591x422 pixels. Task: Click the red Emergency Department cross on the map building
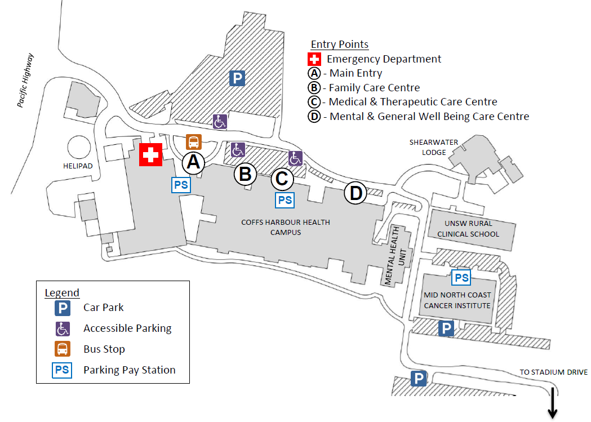150,154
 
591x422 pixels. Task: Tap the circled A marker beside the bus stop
193,162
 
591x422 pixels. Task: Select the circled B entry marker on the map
245,174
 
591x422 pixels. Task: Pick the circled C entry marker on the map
282,179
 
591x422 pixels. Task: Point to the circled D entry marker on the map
356,193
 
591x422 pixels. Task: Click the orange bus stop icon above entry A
193,142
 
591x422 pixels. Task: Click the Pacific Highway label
25,80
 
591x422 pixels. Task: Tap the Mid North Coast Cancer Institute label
457,300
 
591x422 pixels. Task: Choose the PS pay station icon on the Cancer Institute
461,278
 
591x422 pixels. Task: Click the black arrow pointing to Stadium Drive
552,402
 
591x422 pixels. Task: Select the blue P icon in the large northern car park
237,78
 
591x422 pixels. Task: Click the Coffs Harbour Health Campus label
286,226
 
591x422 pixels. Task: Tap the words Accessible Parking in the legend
127,328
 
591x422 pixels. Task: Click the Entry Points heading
340,45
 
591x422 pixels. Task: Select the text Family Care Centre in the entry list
374,87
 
